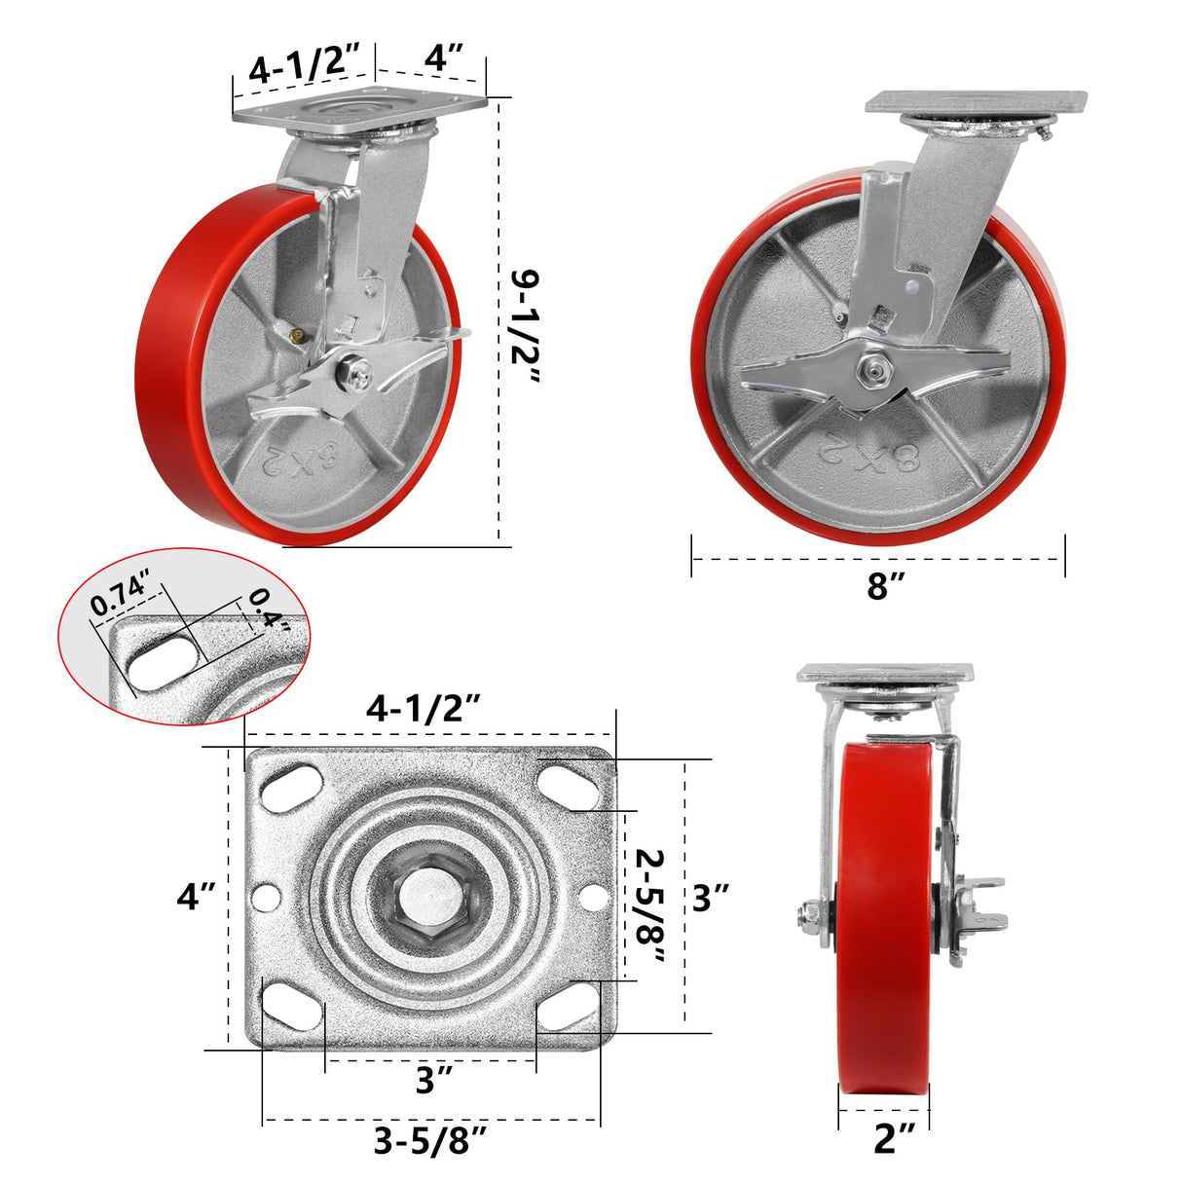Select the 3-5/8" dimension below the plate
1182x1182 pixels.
(429, 1140)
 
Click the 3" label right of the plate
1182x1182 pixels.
(710, 897)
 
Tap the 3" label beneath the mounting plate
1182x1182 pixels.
(432, 1079)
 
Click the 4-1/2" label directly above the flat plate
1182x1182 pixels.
(425, 708)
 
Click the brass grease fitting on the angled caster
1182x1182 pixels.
(296, 334)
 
